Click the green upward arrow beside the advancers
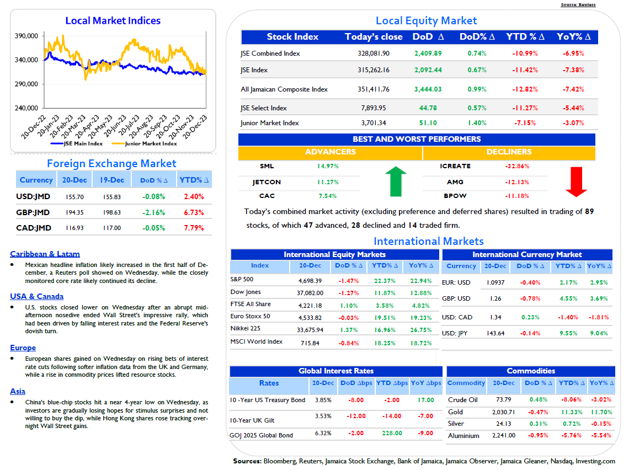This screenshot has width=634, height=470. tap(396, 181)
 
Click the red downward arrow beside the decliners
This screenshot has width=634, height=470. tap(576, 182)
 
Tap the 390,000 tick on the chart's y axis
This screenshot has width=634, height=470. tap(26, 36)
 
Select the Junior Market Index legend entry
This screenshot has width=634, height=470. tap(145, 143)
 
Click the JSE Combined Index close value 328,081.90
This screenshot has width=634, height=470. tap(374, 54)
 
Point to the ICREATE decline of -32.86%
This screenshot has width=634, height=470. tap(517, 166)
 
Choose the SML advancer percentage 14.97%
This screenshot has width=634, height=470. tap(328, 166)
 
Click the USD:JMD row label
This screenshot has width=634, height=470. tap(33, 197)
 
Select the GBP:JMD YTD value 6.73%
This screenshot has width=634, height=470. tap(194, 212)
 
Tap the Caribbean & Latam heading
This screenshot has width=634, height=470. tap(45, 254)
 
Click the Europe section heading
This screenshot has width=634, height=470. tap(23, 348)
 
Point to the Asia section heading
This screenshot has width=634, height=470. tap(18, 391)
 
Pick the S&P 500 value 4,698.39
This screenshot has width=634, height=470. tap(310, 281)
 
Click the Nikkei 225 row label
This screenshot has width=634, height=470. tap(246, 328)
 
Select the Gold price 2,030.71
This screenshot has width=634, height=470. tap(503, 412)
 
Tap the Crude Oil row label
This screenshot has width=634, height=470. tap(463, 400)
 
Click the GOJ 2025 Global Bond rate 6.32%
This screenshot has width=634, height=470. tap(323, 433)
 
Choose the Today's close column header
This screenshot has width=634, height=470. tap(374, 37)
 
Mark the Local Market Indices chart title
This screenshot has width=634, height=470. tap(113, 20)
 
